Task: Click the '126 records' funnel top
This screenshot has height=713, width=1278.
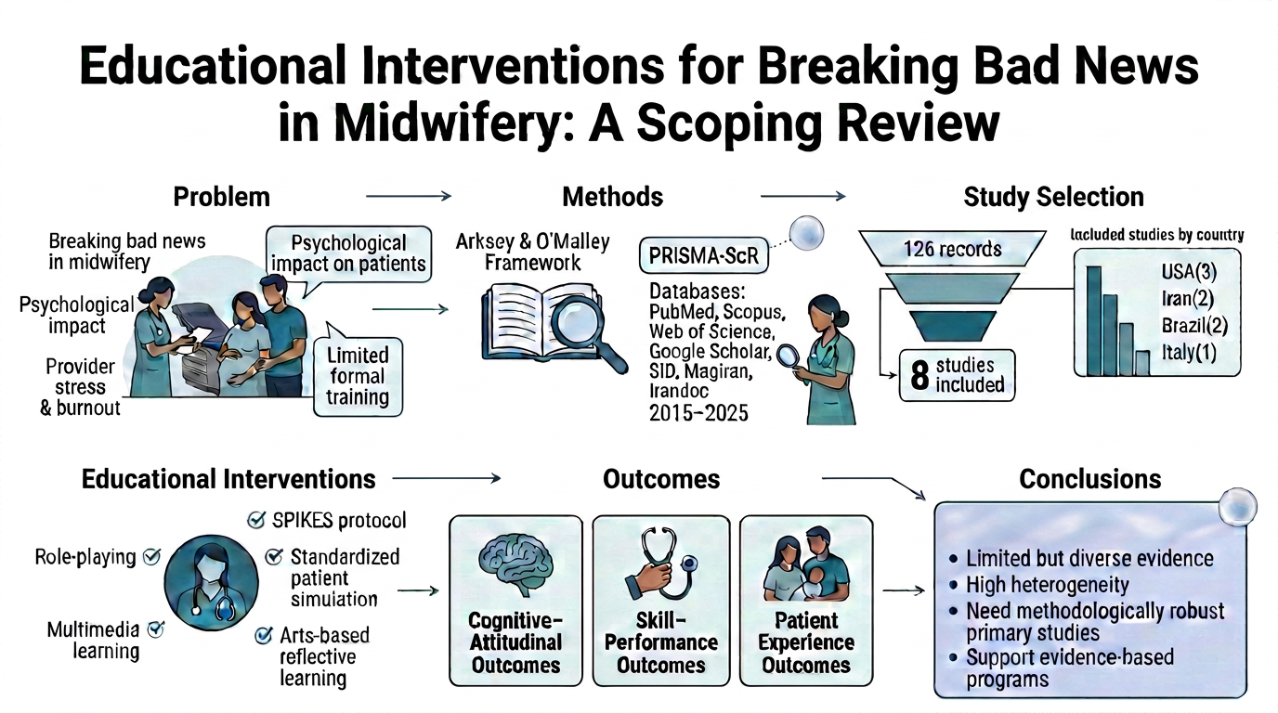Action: [952, 249]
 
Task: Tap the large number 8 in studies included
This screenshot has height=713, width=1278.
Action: [919, 376]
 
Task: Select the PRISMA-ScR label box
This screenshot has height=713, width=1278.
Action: [703, 255]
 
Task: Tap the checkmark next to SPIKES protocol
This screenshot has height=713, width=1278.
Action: [256, 520]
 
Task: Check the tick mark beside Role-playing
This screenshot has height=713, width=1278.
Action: [151, 557]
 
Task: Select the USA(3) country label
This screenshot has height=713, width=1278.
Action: [1189, 271]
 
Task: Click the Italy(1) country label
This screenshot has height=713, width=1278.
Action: [1189, 353]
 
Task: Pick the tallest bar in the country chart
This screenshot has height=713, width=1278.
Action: [1093, 320]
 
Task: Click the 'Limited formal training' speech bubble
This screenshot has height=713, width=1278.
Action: [358, 377]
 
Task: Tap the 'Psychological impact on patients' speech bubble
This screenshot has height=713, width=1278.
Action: [348, 253]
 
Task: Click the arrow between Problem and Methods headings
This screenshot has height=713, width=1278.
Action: [409, 196]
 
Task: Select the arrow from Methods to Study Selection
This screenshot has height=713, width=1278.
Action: [802, 196]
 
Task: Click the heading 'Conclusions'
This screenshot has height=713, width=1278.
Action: [1089, 479]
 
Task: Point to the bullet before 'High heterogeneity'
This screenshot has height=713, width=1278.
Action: [953, 585]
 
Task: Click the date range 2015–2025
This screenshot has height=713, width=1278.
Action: [698, 413]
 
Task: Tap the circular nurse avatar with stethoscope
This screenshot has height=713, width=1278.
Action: [211, 582]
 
